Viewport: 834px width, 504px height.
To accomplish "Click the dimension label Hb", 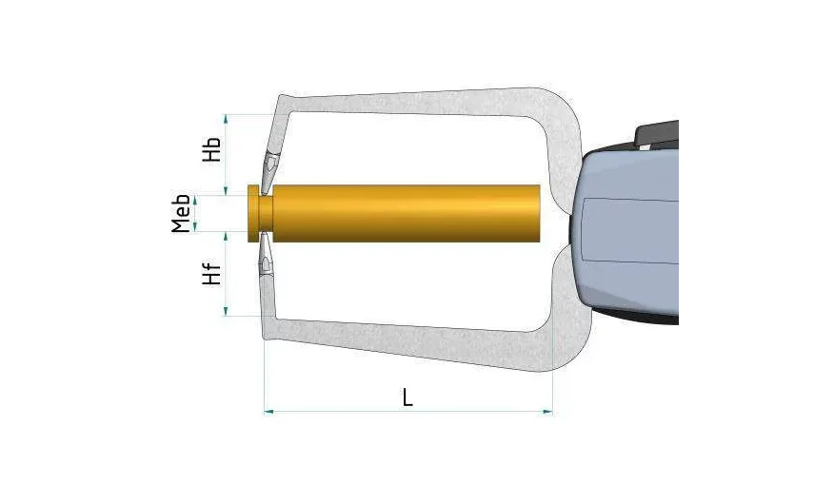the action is coord(211,149).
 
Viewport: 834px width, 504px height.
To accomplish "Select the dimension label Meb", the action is coord(181,214).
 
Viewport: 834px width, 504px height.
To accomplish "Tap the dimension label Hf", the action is coord(211,274).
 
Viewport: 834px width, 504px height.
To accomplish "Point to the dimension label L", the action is coord(407,397).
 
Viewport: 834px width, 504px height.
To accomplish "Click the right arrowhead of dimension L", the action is coord(547,411).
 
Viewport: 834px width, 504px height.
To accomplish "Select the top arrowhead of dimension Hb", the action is coord(226,120).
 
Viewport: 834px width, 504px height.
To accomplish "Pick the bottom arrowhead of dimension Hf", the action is coord(226,311).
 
